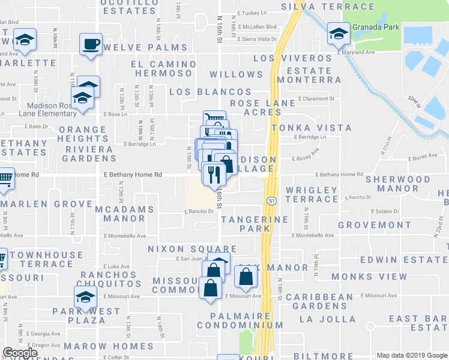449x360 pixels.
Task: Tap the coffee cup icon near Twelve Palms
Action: pos(91,44)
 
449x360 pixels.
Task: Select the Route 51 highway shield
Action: pos(272,202)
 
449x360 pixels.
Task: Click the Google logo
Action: pos(20,353)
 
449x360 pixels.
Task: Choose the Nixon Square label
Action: pos(192,248)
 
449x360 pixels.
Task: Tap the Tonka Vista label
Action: pos(312,128)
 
